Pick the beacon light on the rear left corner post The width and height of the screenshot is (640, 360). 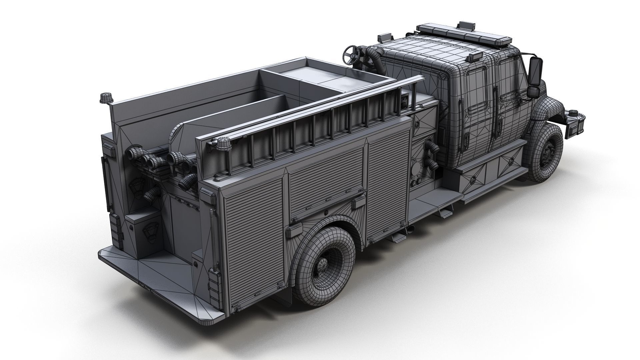pyautogui.click(x=104, y=98)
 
